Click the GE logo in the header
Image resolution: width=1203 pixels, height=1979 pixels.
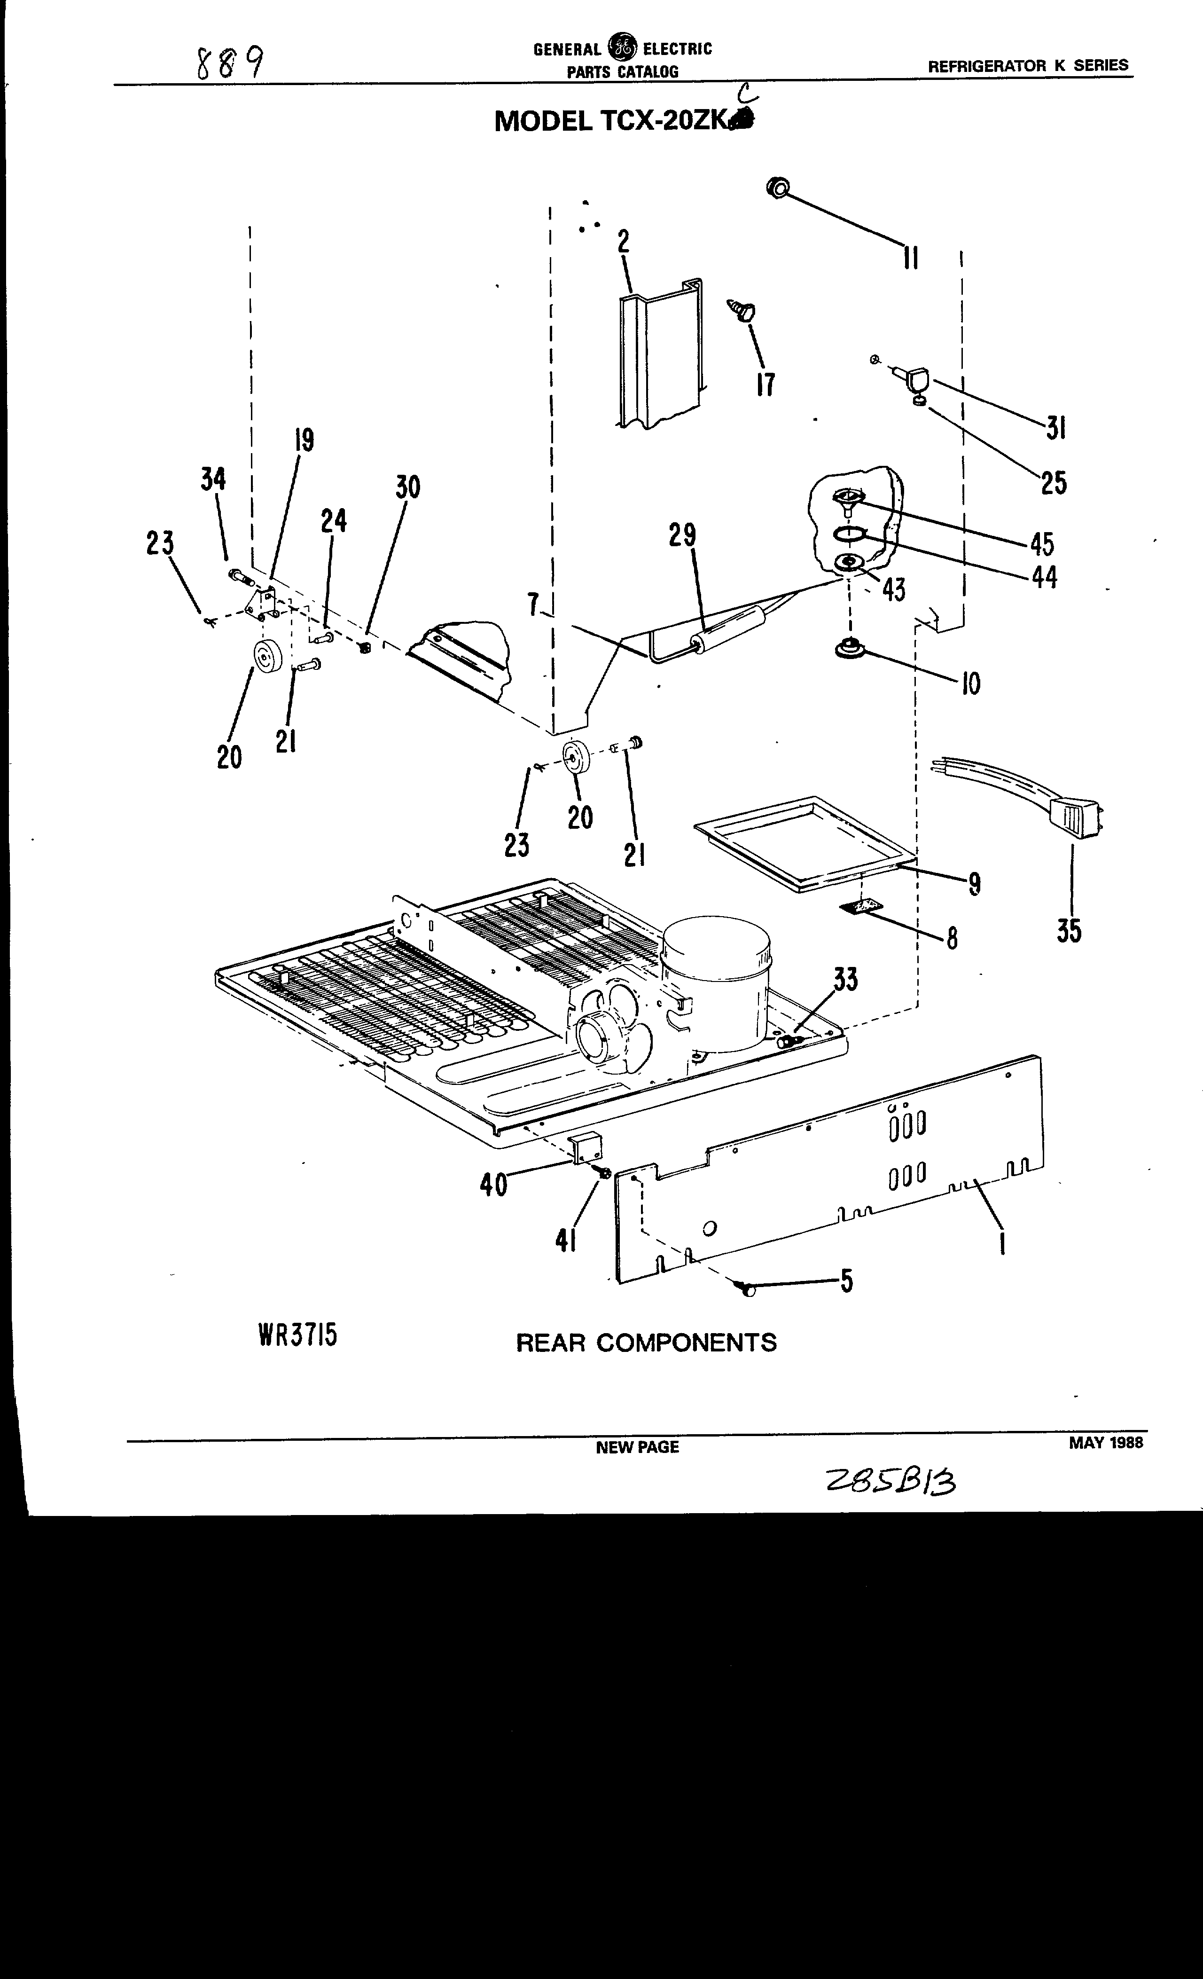[x=622, y=48]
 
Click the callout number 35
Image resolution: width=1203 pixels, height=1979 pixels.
[x=1069, y=932]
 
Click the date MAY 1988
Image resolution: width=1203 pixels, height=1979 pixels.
[x=1105, y=1443]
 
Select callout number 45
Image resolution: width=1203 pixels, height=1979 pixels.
[x=1042, y=544]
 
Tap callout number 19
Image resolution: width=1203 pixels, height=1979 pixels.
[x=304, y=440]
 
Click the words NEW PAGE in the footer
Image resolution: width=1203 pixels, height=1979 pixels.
[x=637, y=1447]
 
